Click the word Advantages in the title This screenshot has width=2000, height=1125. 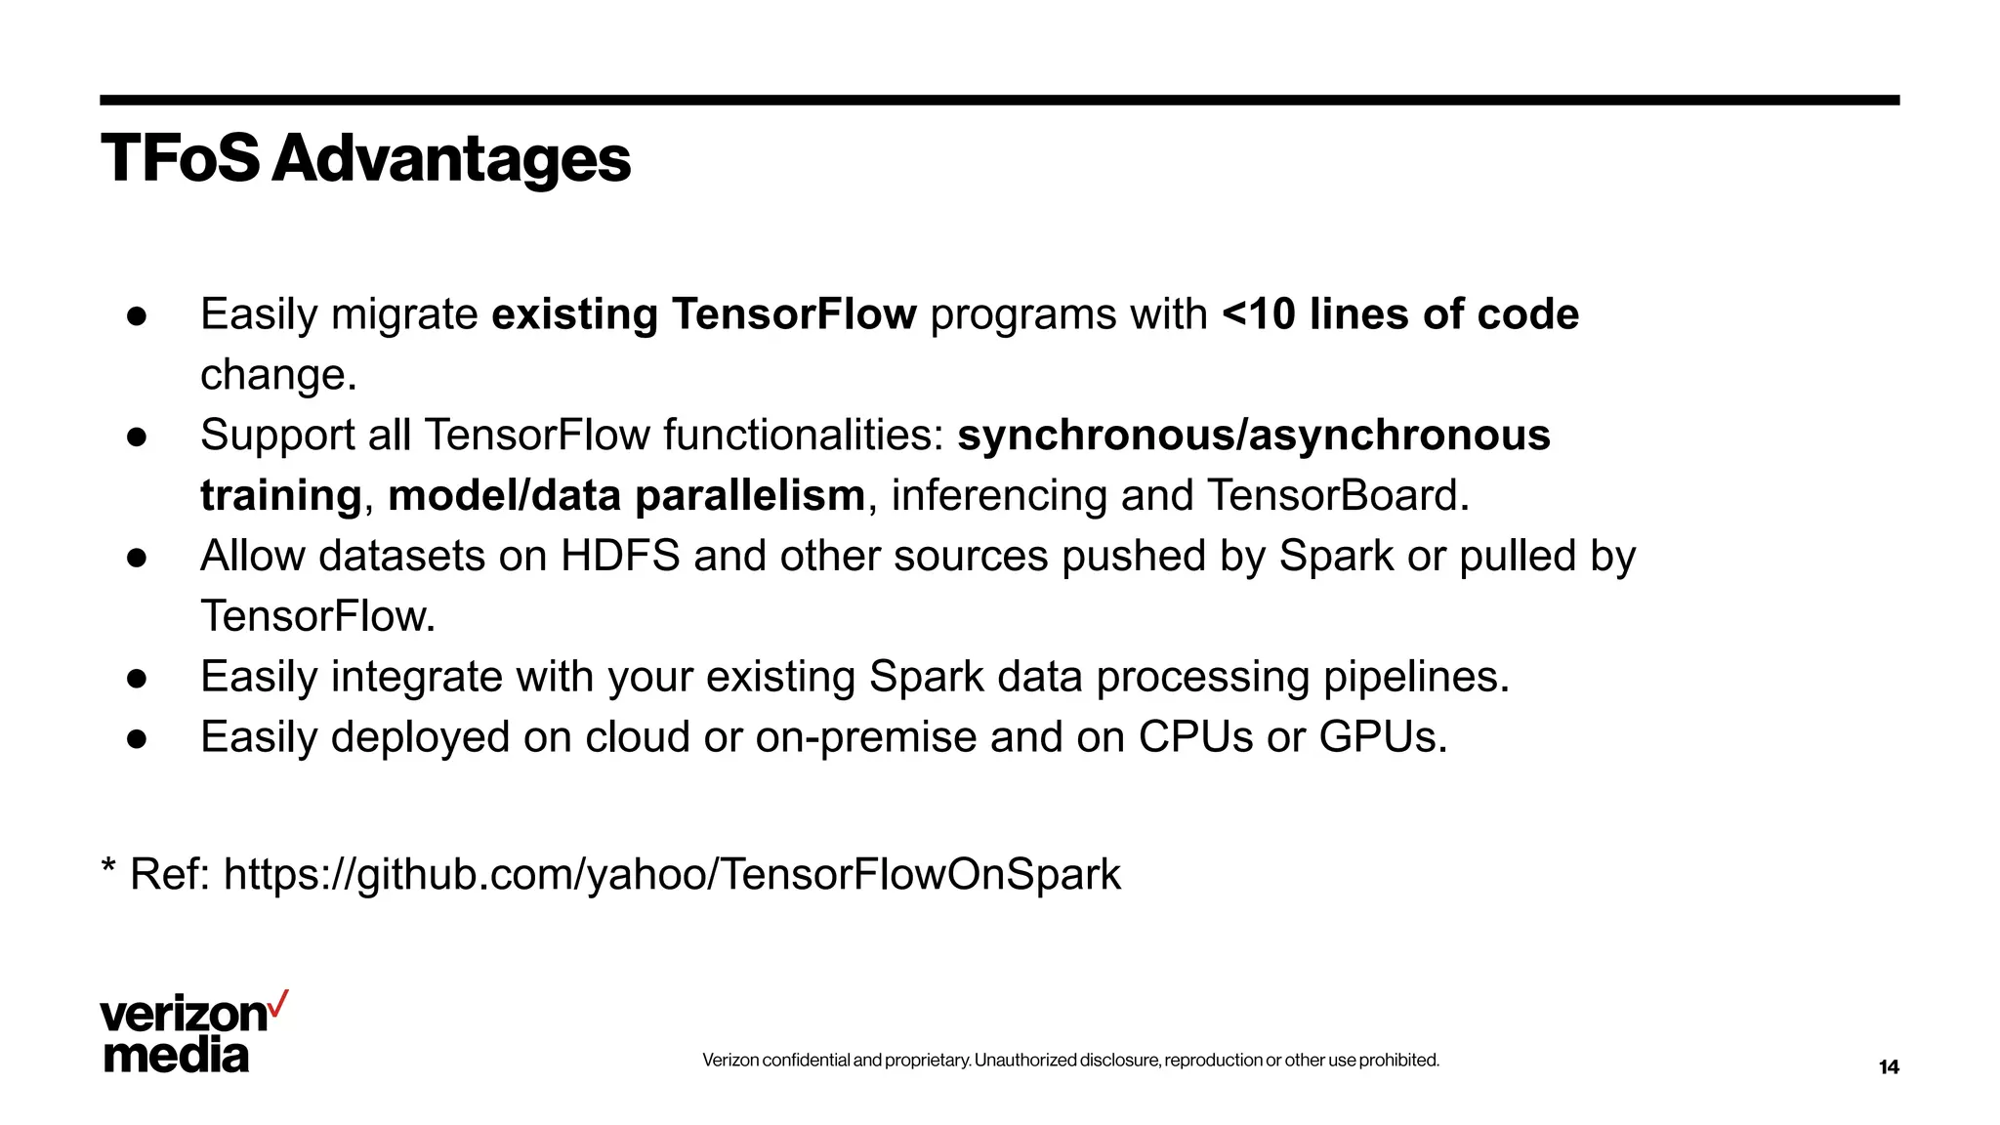coord(451,159)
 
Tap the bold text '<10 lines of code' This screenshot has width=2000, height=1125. coord(1399,314)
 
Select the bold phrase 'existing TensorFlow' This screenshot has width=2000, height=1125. coord(703,314)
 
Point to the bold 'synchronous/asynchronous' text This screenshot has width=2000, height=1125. coord(1253,436)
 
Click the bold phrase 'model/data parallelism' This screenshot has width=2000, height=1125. coord(626,496)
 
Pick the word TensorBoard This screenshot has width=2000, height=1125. coord(1337,496)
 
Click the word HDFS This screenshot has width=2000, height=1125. coord(619,557)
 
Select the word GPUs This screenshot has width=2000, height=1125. coord(1382,737)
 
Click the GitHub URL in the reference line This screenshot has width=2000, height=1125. coord(672,874)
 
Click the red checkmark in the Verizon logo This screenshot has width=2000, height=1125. coord(278,1003)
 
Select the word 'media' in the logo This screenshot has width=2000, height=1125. coord(176,1056)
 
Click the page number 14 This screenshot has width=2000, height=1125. coord(1889,1067)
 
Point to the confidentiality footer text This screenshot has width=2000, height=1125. coord(1070,1061)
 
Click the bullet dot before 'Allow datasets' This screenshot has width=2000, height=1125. coord(137,558)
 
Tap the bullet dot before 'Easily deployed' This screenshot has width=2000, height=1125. coord(137,739)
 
